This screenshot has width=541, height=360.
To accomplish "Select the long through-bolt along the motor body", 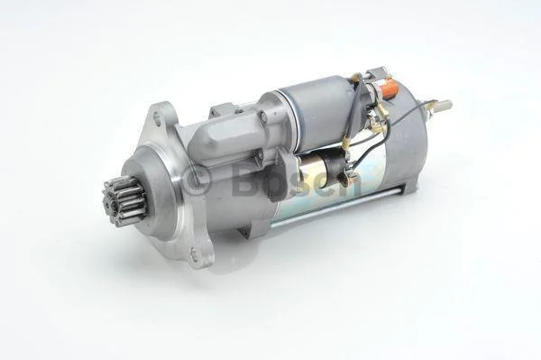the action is pos(335,208).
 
